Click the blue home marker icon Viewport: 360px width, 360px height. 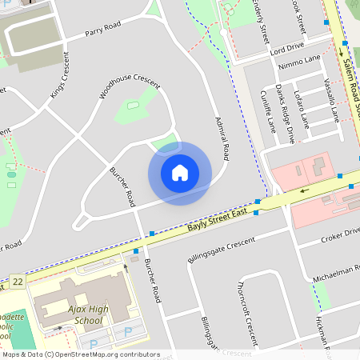point(180,173)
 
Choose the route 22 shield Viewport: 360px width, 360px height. point(18,282)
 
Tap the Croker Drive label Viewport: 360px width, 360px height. point(339,236)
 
